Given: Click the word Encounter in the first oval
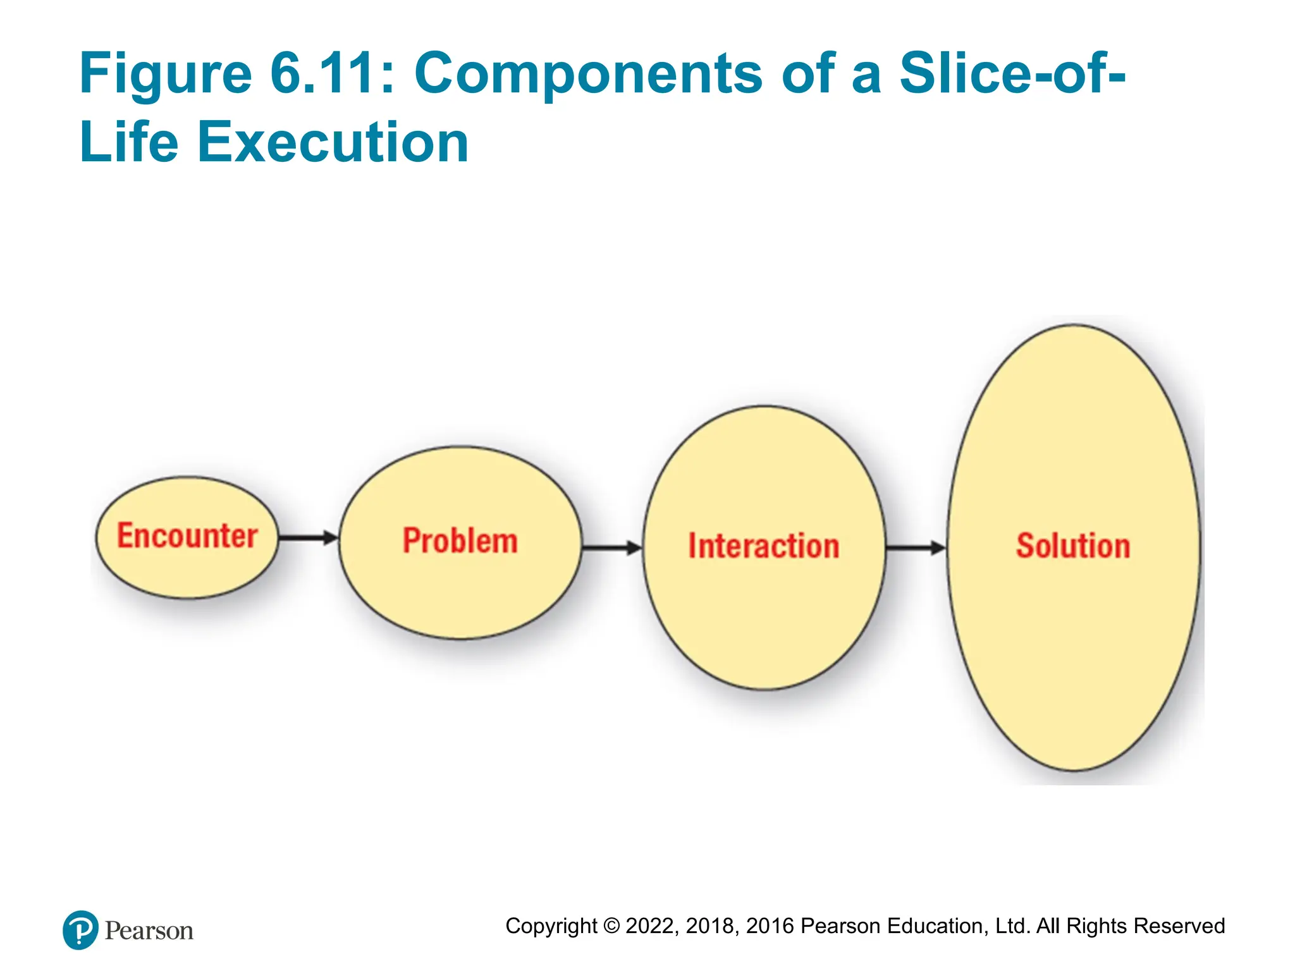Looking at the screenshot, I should [x=187, y=536].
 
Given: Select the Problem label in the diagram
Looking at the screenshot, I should [x=460, y=541].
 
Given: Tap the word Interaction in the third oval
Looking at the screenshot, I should [x=764, y=546].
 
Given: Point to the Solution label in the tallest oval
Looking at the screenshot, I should [x=1073, y=546].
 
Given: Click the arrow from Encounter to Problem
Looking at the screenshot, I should [x=309, y=538].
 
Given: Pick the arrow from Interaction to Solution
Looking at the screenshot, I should [x=916, y=547].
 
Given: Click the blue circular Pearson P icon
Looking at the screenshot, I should [x=80, y=930].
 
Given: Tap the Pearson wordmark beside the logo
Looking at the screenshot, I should [x=149, y=931].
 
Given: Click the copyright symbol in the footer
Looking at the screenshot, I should [x=611, y=926].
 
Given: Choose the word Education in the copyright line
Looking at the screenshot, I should [x=938, y=926].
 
